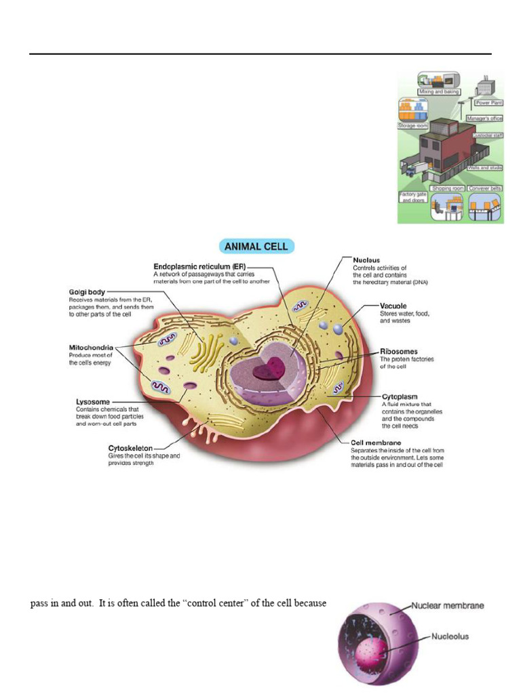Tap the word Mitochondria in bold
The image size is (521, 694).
coord(91,348)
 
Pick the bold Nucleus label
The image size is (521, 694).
coord(366,260)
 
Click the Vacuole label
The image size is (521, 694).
coord(393,306)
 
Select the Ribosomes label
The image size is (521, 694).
coord(399,352)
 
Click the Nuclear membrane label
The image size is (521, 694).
coord(447,606)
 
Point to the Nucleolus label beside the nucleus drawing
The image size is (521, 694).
coord(450,636)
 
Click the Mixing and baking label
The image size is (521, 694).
coord(439,91)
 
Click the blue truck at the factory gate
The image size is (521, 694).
coord(414,170)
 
